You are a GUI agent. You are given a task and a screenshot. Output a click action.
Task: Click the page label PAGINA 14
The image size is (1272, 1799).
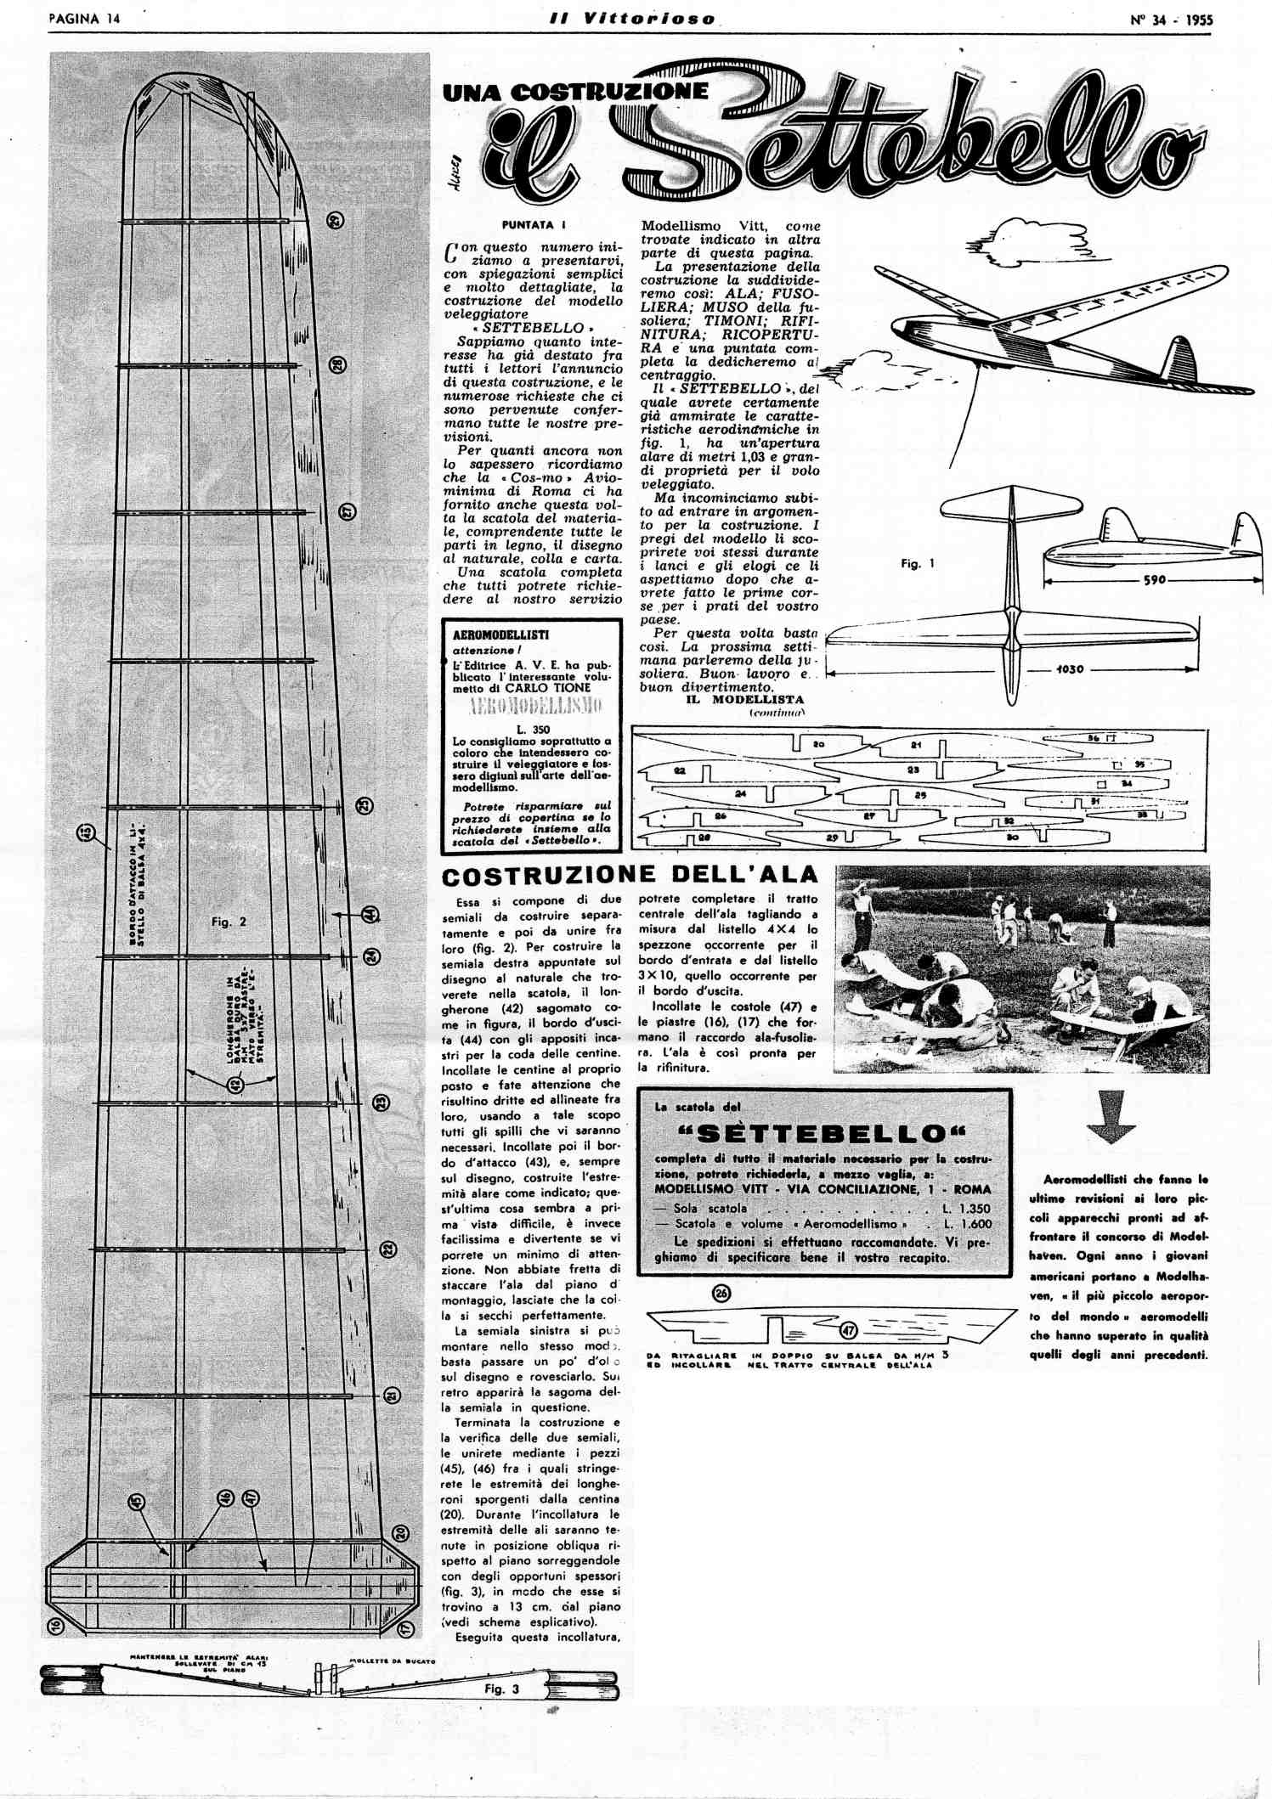[84, 19]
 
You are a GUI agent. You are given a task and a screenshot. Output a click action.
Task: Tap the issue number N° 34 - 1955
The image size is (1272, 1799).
[1171, 20]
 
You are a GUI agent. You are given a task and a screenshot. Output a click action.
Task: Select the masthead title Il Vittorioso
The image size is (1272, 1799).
[632, 19]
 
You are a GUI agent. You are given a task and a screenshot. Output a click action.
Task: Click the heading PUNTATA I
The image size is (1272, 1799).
[534, 225]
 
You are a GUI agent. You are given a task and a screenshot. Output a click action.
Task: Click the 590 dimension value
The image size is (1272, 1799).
[1154, 580]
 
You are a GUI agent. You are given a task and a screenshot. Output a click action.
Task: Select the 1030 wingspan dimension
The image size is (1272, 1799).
[1070, 669]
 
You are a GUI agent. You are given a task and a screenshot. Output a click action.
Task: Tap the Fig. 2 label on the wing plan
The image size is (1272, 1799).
[229, 922]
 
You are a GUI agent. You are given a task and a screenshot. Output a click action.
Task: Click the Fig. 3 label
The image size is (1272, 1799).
[501, 1689]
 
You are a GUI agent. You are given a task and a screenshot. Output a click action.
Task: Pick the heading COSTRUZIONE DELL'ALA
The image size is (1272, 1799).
[629, 875]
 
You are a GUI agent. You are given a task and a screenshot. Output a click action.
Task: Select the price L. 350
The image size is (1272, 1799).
[533, 729]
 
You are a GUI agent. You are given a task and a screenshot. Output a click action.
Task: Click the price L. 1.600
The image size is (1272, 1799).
[967, 1224]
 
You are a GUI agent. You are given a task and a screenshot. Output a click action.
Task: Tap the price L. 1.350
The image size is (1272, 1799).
[967, 1208]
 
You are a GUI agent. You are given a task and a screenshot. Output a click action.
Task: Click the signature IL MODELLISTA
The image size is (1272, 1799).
[744, 700]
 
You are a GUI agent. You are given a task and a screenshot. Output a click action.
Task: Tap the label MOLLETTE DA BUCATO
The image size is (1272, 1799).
[393, 1661]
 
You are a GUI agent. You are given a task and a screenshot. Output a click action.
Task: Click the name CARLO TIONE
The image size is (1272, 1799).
[547, 687]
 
